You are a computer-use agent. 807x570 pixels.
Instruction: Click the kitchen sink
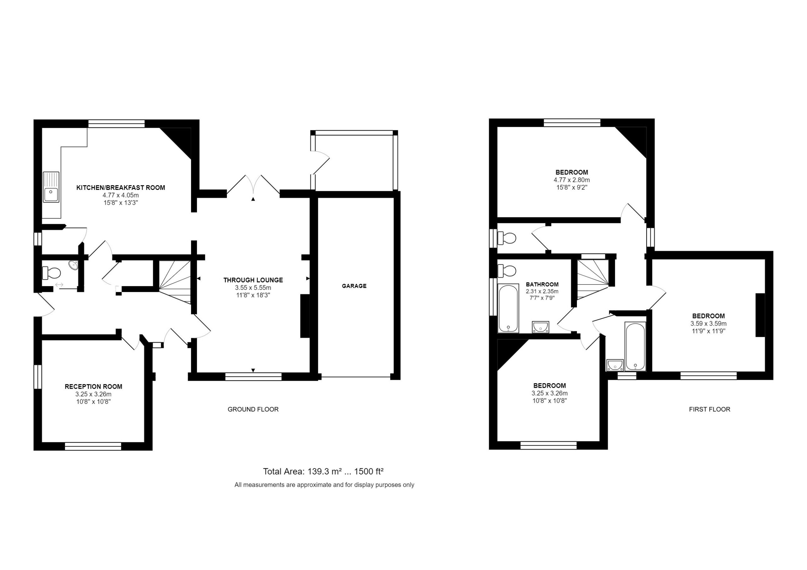coord(51,187)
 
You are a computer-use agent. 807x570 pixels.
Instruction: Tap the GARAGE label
coord(354,286)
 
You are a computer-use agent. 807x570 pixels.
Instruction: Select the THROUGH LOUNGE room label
coord(253,280)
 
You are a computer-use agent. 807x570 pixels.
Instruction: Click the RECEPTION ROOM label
coord(94,386)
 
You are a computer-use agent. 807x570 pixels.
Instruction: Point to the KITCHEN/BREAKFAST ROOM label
coord(120,187)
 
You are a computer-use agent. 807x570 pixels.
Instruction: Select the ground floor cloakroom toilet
coord(51,272)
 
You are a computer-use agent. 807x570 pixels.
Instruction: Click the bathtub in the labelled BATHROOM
coord(508,308)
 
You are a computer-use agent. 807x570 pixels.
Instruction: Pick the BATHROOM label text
coord(542,285)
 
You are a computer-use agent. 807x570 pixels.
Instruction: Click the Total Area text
coord(323,471)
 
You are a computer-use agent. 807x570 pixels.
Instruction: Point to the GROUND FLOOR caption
coord(253,409)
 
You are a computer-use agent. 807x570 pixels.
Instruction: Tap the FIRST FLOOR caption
coord(710,409)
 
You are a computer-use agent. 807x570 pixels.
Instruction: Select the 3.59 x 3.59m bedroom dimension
coord(709,324)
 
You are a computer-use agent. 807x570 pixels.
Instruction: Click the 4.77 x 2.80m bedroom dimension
coord(572,180)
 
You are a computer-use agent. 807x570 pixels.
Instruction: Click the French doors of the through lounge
coord(253,184)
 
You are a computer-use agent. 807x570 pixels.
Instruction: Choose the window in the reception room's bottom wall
coord(93,446)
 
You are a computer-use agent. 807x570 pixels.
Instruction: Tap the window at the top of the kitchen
coord(116,123)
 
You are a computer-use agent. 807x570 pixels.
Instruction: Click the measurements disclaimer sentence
coord(324,485)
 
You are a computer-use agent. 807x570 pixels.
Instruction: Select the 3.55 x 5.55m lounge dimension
coord(253,288)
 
